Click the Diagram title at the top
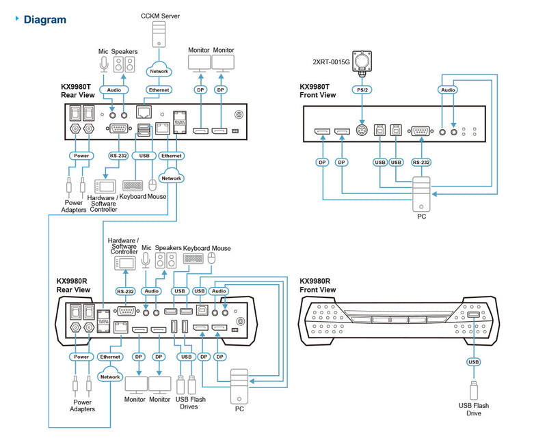[x=44, y=19]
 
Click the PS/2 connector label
[x=360, y=90]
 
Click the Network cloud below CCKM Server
[x=158, y=70]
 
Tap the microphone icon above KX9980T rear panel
[x=103, y=64]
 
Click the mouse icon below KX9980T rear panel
[x=152, y=184]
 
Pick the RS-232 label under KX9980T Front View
[x=421, y=162]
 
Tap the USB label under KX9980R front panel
[x=473, y=361]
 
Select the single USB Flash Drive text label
[x=473, y=410]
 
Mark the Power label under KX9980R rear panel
[x=81, y=356]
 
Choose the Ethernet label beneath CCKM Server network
[x=158, y=90]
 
